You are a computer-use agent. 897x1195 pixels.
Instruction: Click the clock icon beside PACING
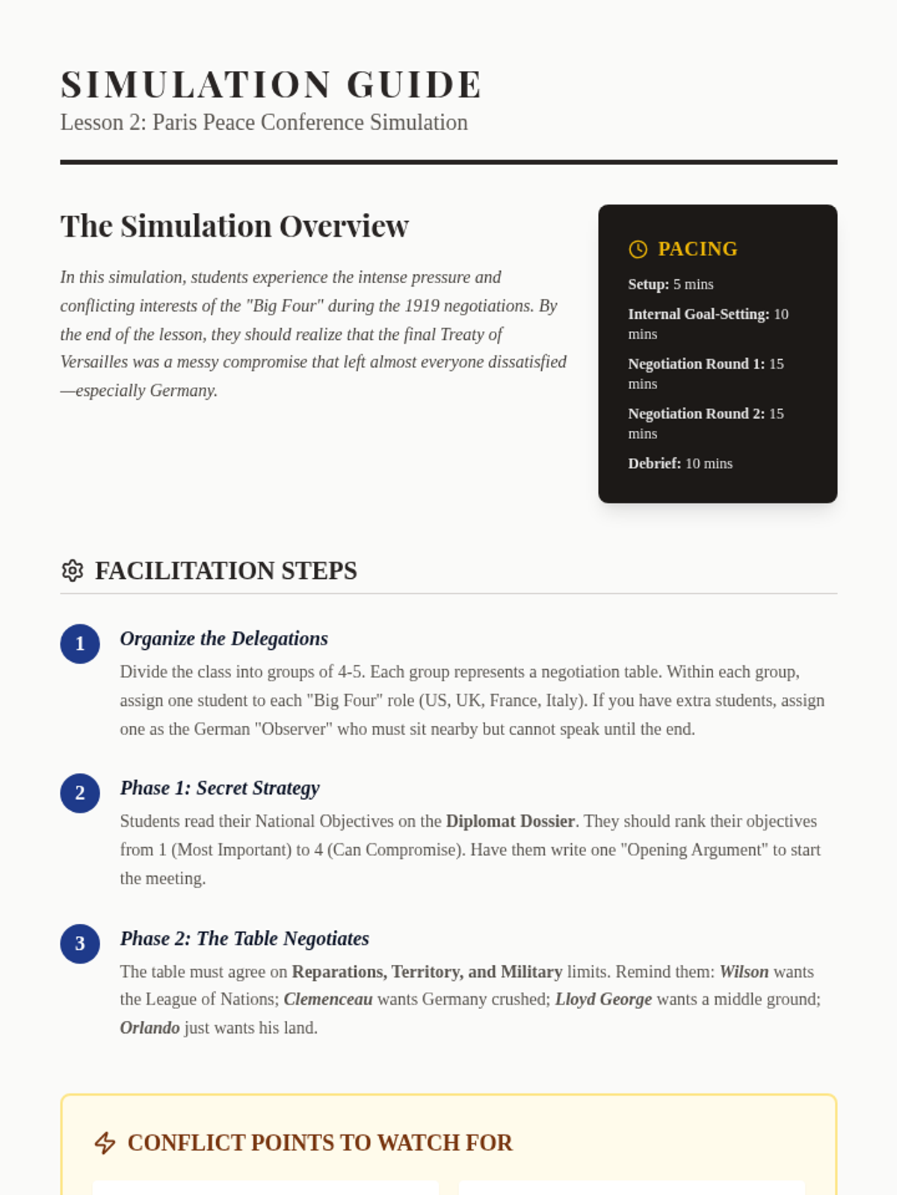pos(638,249)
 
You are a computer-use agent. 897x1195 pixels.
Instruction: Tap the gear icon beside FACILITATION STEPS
pos(73,571)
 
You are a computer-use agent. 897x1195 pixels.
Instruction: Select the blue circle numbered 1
pos(80,644)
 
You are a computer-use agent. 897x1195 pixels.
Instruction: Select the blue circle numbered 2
pos(80,793)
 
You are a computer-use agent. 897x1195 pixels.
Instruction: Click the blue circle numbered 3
pos(80,943)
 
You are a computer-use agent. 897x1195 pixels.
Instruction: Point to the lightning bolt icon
pos(105,1143)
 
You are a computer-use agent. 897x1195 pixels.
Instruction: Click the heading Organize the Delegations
pos(224,639)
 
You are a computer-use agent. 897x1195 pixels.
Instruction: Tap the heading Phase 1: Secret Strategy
pos(220,788)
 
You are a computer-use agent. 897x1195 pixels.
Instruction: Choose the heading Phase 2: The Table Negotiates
pos(244,938)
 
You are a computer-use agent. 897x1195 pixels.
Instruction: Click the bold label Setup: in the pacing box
pos(648,285)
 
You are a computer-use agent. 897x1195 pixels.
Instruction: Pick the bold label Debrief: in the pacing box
pos(654,464)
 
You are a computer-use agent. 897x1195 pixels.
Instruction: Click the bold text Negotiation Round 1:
pos(696,364)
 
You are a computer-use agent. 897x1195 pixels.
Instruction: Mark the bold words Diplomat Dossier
pos(510,822)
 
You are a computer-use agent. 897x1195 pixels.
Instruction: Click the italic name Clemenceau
pos(328,999)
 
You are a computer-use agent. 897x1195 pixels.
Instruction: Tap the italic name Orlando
pos(149,1028)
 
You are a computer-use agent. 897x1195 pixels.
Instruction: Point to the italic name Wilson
pos(744,972)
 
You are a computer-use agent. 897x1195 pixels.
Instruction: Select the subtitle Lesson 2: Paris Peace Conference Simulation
pos(264,122)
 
